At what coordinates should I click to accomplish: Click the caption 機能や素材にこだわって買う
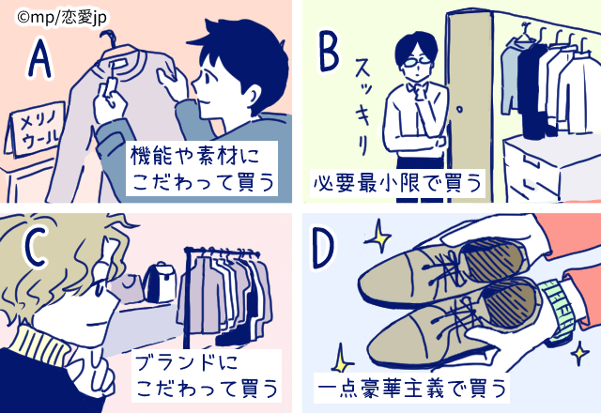(202, 168)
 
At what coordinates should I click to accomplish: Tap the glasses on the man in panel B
(415, 67)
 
